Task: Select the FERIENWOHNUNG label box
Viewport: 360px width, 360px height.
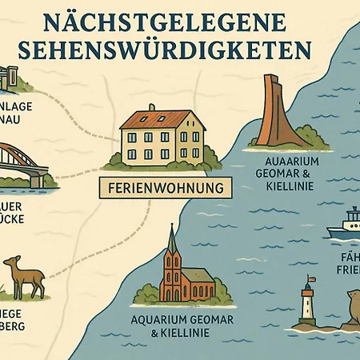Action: pyautogui.click(x=164, y=189)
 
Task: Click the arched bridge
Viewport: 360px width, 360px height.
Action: pyautogui.click(x=22, y=164)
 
